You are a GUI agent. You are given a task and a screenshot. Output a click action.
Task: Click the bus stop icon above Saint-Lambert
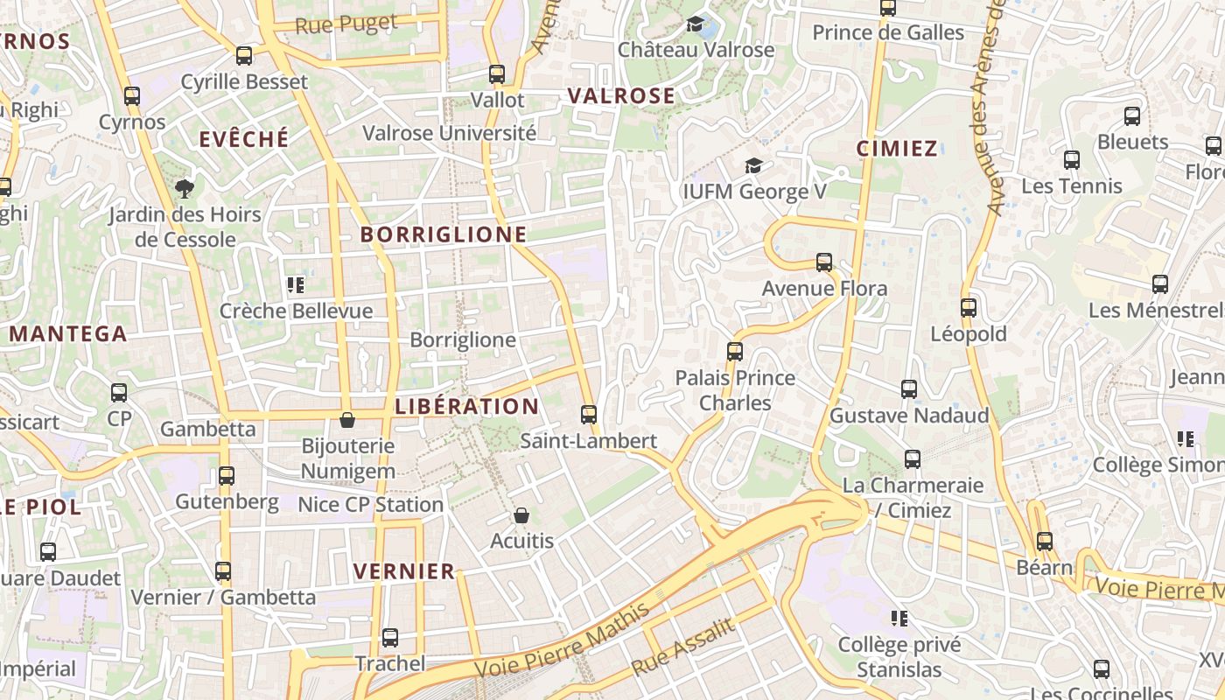589,415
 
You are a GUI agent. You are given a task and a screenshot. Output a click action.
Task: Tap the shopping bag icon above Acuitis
521,515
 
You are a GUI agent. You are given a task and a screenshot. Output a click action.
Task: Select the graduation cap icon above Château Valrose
696,24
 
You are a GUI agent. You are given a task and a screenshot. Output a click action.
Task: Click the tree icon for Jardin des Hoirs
184,188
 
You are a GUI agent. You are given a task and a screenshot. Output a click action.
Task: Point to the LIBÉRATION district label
467,407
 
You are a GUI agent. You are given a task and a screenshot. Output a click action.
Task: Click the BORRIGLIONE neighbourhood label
444,234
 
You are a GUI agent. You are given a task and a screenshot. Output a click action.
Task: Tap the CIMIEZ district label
897,149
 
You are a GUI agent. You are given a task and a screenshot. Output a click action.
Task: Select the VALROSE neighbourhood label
621,96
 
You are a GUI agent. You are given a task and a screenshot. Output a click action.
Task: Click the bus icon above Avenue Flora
823,262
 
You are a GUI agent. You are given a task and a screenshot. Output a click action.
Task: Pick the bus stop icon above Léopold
968,308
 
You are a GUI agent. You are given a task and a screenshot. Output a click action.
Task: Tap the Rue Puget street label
346,24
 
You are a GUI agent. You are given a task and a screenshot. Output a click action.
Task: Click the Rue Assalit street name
682,647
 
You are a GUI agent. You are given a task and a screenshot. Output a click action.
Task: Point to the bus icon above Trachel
390,638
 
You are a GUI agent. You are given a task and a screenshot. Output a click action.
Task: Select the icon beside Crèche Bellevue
296,284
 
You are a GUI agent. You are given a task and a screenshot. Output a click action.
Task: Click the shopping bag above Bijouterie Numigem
347,420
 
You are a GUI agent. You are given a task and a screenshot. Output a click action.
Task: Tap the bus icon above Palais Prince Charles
735,352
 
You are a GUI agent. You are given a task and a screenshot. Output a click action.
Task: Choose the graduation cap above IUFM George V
752,165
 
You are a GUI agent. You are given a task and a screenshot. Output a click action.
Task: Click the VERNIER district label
404,572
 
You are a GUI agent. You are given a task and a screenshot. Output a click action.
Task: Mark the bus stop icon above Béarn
1044,542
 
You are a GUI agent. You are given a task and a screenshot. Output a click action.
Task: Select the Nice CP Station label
371,505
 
